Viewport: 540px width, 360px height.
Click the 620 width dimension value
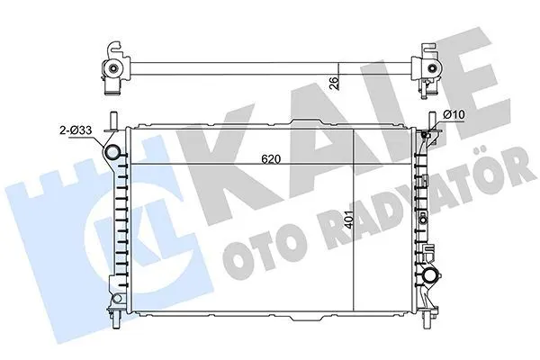click(271, 159)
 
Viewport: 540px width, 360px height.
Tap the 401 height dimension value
click(348, 220)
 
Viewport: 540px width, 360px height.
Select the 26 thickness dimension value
click(334, 83)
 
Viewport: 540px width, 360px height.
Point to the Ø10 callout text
click(454, 114)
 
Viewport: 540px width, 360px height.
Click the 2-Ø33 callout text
click(76, 130)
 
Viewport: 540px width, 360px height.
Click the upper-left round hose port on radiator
click(112, 152)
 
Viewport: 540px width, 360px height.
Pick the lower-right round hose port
click(430, 275)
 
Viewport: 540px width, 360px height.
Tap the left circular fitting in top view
click(112, 68)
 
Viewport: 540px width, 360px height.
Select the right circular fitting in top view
click(432, 68)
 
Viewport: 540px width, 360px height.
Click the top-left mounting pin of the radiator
click(113, 121)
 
